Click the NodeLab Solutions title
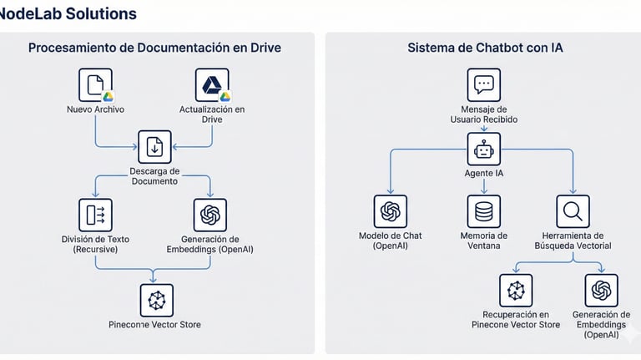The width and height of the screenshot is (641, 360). pos(68,14)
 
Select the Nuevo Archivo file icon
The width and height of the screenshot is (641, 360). pos(95,84)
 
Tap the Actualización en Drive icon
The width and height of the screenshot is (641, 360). pos(212,84)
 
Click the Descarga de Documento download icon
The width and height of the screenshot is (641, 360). pos(154,147)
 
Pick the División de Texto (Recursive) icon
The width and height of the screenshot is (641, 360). pos(95,215)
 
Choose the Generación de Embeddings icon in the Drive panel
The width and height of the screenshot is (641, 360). pos(209,215)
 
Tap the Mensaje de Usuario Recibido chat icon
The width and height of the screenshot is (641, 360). pos(484,85)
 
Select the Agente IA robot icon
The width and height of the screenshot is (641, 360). pos(484,150)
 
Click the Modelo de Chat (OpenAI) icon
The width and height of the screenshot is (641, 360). pos(390,211)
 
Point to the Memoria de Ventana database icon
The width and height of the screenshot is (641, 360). pos(484,211)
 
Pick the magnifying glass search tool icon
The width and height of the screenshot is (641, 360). pos(573,211)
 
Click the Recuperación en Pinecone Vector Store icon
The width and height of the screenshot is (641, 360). pos(515,290)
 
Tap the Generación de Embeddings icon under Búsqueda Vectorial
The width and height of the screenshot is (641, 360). pos(601,290)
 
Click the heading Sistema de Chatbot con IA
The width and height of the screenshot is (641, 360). pos(485,48)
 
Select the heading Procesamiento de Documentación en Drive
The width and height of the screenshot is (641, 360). pos(154,48)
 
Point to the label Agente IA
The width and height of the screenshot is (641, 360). pos(484,174)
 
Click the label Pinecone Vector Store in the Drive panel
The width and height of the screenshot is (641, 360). pos(154,324)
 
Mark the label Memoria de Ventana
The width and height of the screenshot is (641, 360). pos(484,241)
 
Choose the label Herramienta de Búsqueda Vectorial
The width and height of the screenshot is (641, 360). pos(573,241)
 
